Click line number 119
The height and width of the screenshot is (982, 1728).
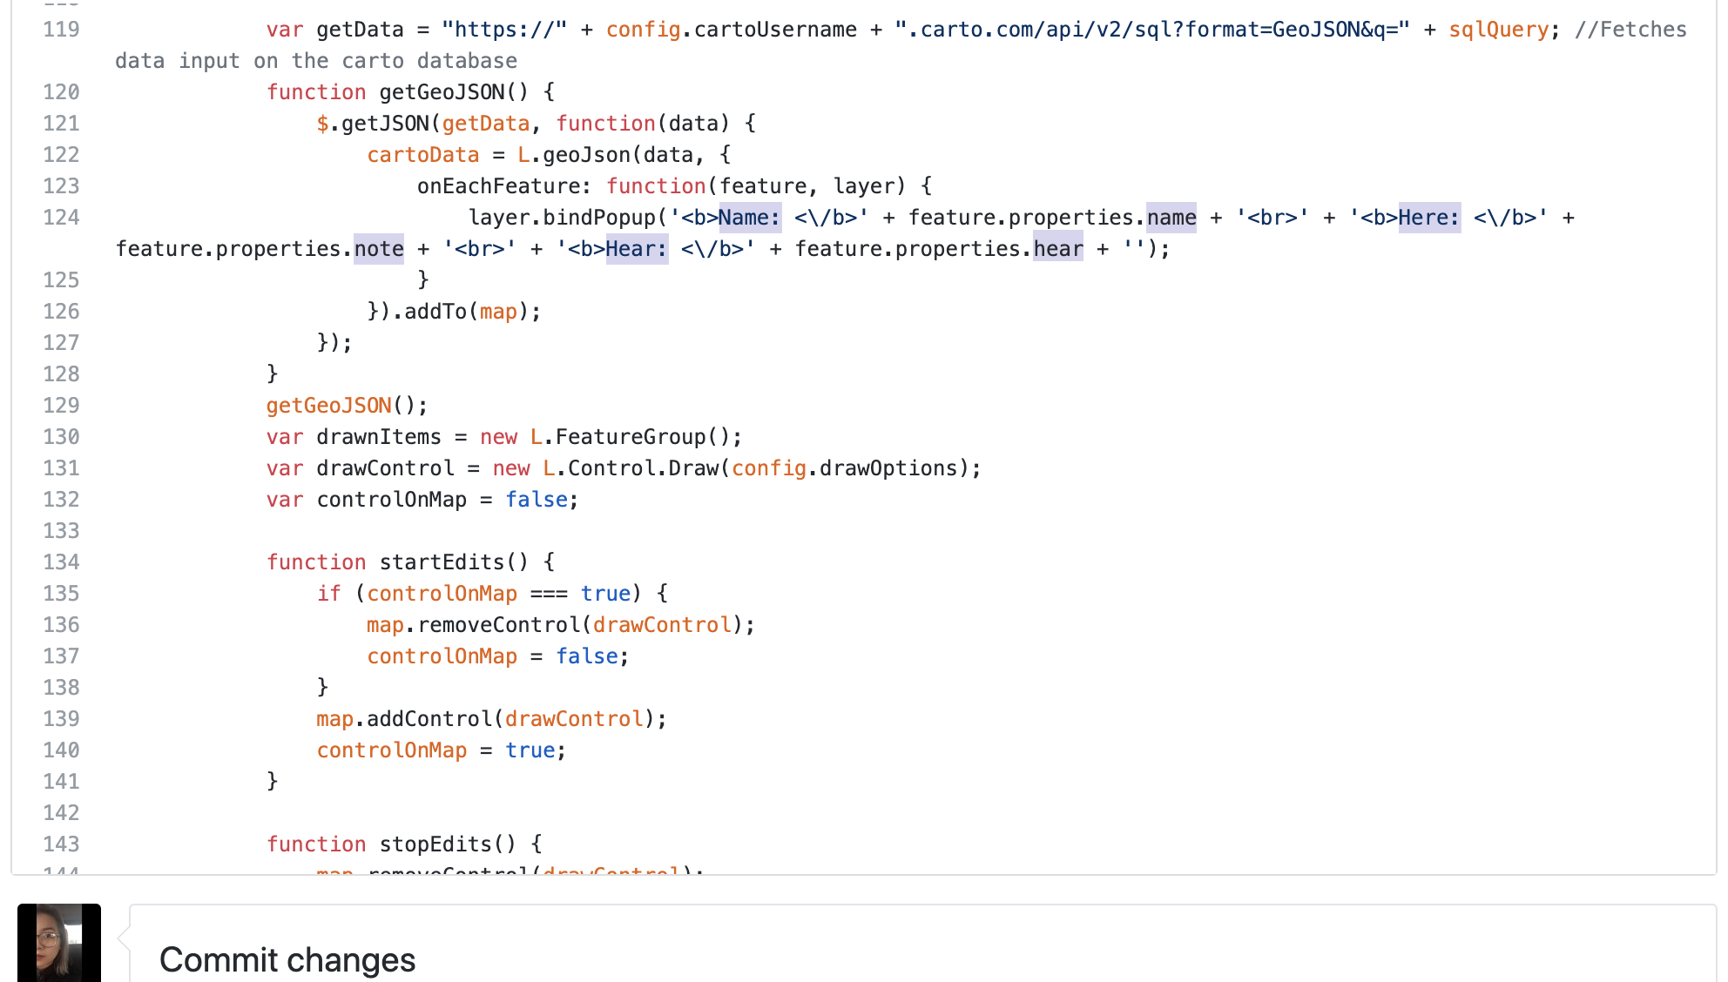61,30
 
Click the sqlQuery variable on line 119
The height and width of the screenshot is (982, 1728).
1498,30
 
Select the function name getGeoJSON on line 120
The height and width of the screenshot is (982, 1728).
442,92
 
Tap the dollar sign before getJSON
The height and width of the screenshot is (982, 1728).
322,124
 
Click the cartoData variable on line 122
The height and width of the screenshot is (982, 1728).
422,155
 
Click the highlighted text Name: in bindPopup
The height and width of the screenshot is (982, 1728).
749,218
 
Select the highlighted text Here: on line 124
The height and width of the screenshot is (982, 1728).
1428,218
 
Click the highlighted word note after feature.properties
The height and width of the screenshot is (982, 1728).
379,249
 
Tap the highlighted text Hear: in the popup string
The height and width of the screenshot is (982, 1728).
637,249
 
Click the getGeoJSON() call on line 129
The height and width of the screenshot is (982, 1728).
346,406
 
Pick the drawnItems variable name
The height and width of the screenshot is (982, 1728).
379,437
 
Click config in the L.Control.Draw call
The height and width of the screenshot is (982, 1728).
768,468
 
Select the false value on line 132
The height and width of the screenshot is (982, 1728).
537,500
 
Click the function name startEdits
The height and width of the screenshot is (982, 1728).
442,562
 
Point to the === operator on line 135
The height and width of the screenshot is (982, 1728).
549,594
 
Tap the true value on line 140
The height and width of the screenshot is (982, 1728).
530,750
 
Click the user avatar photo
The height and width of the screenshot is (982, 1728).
59,943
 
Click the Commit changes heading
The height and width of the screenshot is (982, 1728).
287,959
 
